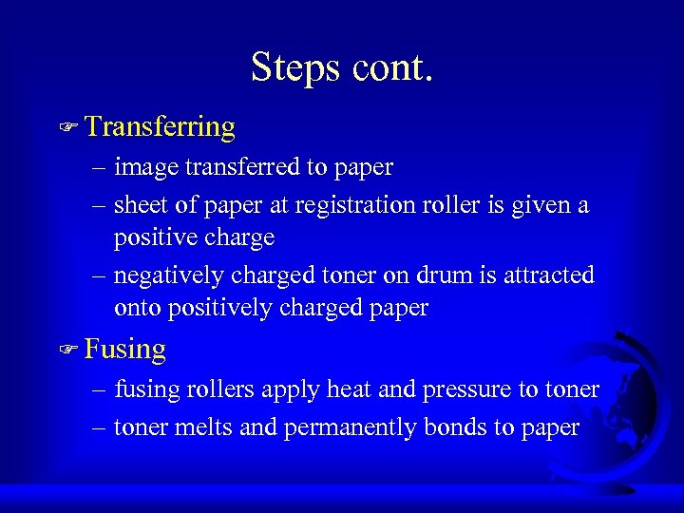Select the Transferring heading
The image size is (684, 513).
tap(160, 126)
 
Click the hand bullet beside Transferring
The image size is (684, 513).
tap(67, 126)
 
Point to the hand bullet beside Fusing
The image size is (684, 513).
tap(67, 350)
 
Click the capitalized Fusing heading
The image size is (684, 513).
tap(125, 350)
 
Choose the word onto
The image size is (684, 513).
tap(137, 308)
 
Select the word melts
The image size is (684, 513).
tap(203, 427)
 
